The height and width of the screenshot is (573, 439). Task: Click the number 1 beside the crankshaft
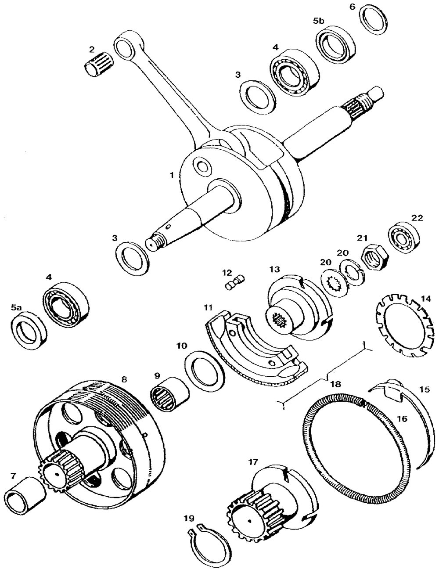(x=173, y=175)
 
